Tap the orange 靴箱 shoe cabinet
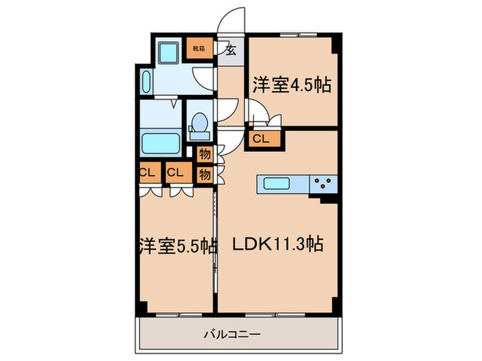click(198, 49)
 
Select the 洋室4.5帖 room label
click(291, 85)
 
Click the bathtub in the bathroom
click(160, 144)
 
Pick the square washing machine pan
click(169, 52)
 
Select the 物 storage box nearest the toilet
click(204, 154)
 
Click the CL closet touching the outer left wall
click(147, 172)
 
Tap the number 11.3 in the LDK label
click(297, 244)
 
